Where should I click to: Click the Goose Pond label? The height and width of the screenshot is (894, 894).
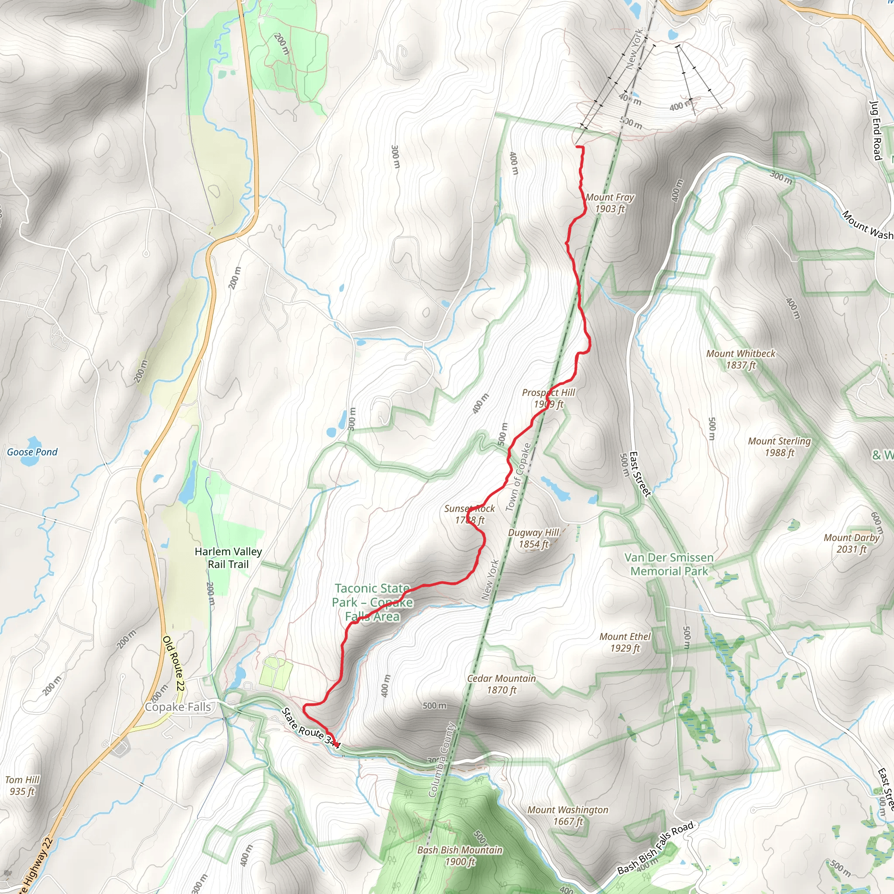(x=32, y=452)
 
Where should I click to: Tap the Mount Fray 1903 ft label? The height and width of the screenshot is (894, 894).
(x=609, y=203)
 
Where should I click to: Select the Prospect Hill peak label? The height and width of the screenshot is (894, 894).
(x=548, y=399)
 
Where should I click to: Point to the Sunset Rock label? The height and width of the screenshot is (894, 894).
(x=469, y=514)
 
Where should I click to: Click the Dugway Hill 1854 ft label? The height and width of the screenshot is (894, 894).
(x=533, y=539)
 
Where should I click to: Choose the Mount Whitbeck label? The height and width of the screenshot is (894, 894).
(x=740, y=360)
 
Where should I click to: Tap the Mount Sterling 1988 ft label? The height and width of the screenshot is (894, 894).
(x=779, y=447)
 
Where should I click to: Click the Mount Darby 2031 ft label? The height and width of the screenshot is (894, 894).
(x=851, y=543)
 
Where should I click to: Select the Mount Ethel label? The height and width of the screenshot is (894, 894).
(x=625, y=642)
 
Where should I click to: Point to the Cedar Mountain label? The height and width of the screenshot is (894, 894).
(x=501, y=684)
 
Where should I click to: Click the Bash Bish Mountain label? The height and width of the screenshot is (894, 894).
(x=460, y=856)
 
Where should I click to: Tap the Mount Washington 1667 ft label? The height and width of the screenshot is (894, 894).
(x=568, y=815)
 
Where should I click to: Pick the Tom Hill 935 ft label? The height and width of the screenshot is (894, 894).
(x=22, y=785)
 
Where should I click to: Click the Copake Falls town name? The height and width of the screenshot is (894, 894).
(x=178, y=707)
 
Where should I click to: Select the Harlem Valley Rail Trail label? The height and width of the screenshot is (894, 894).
(x=228, y=557)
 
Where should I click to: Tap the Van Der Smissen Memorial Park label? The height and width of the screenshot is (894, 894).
(x=669, y=564)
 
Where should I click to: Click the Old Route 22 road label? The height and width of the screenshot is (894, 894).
(x=174, y=664)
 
